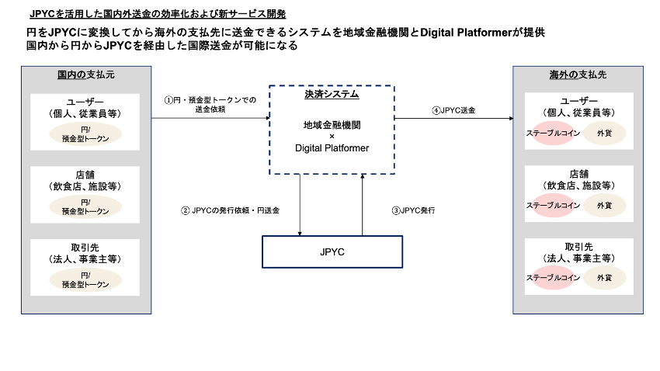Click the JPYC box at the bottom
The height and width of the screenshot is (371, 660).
332,252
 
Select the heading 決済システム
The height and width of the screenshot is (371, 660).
332,95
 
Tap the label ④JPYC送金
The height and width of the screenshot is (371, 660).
453,110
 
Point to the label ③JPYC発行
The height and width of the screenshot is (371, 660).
412,210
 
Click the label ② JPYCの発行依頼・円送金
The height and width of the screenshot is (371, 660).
230,210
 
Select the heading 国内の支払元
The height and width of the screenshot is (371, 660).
86,75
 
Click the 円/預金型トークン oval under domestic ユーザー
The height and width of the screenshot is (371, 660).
85,133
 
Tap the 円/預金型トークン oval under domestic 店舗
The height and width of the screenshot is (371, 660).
85,206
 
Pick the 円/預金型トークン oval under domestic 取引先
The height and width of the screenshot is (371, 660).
85,279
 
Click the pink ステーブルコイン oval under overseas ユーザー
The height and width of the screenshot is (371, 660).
553,133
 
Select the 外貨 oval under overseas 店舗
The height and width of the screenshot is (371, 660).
604,206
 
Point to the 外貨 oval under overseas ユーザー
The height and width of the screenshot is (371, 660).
604,133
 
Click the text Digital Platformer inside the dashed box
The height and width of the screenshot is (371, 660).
332,147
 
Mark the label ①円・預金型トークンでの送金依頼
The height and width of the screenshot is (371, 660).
210,105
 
